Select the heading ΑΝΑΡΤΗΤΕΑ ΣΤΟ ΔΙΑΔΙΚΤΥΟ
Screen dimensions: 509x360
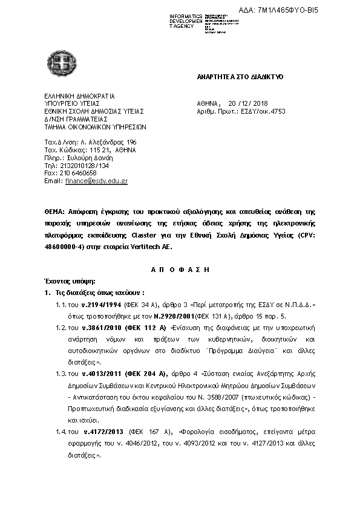[x=240, y=78]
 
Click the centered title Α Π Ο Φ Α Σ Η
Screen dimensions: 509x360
[x=180, y=269]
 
